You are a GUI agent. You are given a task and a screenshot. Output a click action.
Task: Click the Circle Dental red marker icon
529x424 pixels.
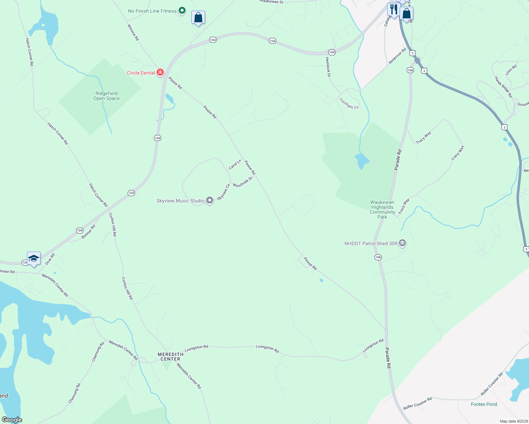click(x=160, y=72)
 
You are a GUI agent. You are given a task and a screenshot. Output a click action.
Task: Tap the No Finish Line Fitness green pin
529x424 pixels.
click(x=182, y=11)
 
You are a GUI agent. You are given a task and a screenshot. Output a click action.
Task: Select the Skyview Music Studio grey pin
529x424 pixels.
click(x=210, y=201)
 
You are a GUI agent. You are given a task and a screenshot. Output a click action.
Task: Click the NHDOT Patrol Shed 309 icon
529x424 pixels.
click(x=402, y=243)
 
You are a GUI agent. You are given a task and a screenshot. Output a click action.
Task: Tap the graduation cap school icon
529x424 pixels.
click(x=34, y=259)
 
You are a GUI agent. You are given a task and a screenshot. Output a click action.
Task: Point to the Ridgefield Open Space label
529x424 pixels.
click(x=106, y=96)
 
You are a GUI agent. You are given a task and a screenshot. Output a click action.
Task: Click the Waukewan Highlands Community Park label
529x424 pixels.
click(x=382, y=210)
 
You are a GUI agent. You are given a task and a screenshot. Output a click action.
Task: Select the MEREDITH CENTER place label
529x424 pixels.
click(x=170, y=357)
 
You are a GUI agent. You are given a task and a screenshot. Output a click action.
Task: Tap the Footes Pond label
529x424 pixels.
click(x=484, y=404)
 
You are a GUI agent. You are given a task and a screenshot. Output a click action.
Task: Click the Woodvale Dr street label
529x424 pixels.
click(x=243, y=182)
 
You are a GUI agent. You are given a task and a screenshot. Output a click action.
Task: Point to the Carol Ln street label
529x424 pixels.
click(x=235, y=164)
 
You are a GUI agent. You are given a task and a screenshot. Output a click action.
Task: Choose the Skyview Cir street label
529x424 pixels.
click(x=223, y=192)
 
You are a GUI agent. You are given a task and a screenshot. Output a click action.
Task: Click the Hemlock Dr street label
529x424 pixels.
click(x=328, y=67)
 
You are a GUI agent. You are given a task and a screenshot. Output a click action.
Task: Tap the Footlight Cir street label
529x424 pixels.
click(x=349, y=104)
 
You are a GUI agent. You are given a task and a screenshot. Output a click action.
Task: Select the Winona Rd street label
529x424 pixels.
click(x=133, y=32)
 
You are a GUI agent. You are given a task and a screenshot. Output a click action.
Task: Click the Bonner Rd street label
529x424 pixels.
click(x=88, y=232)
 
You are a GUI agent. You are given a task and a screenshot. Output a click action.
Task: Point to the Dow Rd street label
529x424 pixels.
click(x=50, y=259)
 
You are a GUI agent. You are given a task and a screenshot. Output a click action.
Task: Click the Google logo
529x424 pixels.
click(x=12, y=420)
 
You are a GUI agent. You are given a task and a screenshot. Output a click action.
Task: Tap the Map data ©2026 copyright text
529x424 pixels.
click(x=513, y=421)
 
